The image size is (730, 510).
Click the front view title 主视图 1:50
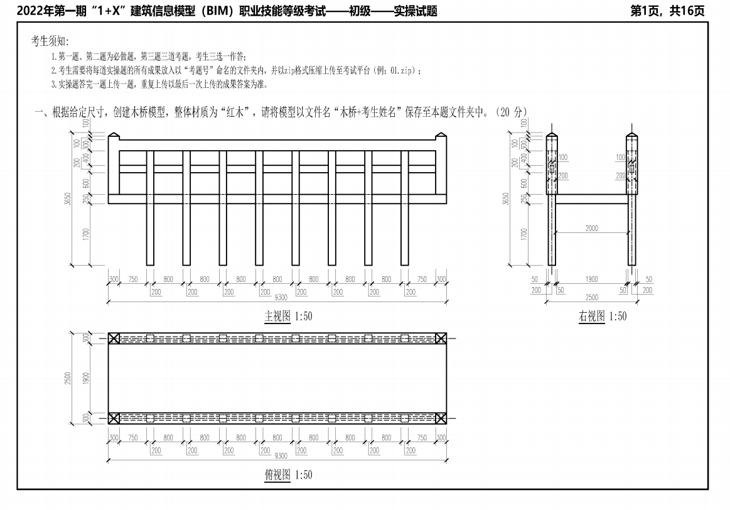click(288, 317)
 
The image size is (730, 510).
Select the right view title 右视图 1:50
click(603, 317)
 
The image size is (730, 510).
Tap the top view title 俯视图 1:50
click(288, 475)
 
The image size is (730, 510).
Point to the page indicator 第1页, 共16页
click(667, 11)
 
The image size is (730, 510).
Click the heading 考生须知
click(50, 41)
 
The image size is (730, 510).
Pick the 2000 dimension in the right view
click(592, 228)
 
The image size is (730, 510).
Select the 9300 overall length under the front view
click(281, 297)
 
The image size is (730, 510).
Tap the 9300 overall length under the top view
click(281, 455)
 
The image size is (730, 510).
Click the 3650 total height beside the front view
click(68, 199)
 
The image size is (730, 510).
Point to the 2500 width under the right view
click(592, 297)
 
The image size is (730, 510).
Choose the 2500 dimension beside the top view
click(68, 378)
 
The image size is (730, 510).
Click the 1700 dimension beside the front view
click(85, 234)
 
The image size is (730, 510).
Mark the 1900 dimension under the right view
click(592, 279)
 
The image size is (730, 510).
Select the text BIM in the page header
click(218, 11)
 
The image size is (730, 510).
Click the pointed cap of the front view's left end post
click(114, 136)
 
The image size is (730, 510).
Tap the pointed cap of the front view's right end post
click(441, 136)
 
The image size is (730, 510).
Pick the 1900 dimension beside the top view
click(85, 378)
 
